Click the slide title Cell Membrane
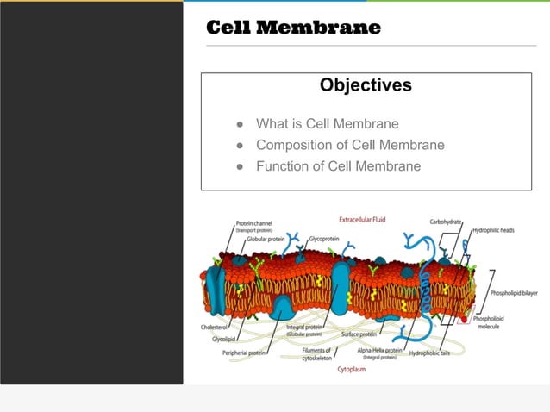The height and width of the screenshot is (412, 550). (293, 28)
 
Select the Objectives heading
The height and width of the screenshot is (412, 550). (366, 85)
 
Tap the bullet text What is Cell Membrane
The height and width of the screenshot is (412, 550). (327, 124)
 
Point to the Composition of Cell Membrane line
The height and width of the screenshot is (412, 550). (350, 145)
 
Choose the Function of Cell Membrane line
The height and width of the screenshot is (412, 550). (338, 165)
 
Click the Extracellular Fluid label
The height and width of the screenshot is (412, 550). (362, 220)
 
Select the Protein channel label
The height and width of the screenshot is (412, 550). (254, 223)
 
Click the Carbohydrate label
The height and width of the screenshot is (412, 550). (447, 222)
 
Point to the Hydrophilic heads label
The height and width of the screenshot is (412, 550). (494, 230)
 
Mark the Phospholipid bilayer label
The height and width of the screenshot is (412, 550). (514, 293)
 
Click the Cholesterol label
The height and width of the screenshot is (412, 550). (213, 328)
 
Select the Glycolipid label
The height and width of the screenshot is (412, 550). (224, 339)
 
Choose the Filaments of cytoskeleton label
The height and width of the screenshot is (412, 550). (317, 354)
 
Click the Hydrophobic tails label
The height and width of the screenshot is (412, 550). (435, 353)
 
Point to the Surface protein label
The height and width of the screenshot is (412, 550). (359, 334)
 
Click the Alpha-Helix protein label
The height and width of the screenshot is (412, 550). (380, 351)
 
